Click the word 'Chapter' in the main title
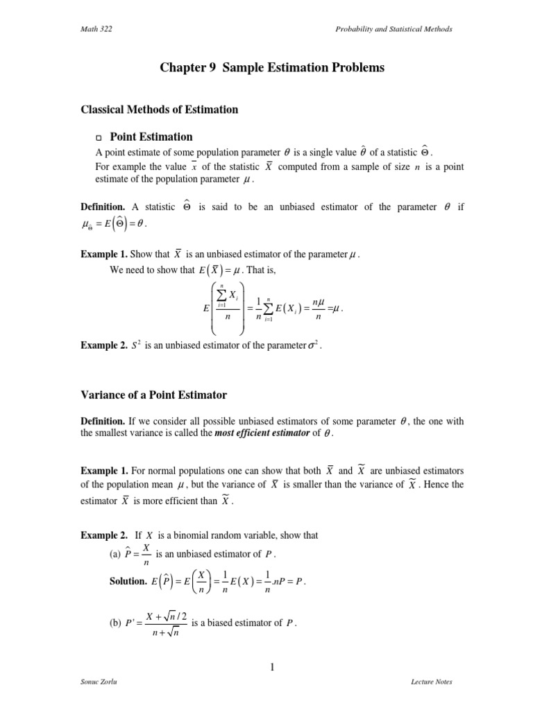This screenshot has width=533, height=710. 180,68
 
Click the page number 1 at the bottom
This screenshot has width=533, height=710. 273,667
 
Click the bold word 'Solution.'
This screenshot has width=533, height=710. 128,582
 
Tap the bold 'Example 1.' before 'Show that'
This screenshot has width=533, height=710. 103,254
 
